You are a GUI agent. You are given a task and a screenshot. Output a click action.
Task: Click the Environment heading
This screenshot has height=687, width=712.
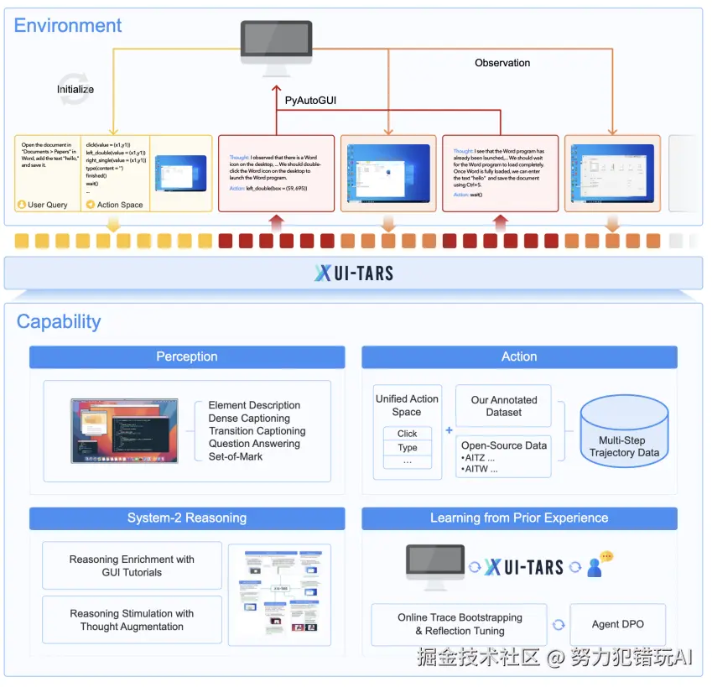pyautogui.click(x=68, y=25)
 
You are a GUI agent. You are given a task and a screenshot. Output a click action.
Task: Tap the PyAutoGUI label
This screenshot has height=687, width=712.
pyautogui.click(x=311, y=101)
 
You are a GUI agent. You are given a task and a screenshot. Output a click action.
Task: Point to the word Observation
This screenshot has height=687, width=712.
pyautogui.click(x=502, y=63)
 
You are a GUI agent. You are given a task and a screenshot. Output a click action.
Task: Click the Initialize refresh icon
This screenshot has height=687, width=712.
pyautogui.click(x=74, y=93)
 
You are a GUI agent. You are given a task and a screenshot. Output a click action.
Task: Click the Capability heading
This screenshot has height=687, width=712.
pyautogui.click(x=59, y=321)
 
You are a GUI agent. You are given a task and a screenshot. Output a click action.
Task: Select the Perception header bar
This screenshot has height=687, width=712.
pyautogui.click(x=187, y=357)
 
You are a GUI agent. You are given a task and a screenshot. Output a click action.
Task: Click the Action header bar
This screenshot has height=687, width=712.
pyautogui.click(x=519, y=357)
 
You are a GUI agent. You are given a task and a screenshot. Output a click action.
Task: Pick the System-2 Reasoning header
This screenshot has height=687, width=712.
pyautogui.click(x=187, y=518)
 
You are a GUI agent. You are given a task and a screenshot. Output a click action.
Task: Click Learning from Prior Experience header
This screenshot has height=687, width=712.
pyautogui.click(x=519, y=518)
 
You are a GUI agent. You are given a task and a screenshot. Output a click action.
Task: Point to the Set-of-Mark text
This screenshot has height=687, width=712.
pyautogui.click(x=236, y=457)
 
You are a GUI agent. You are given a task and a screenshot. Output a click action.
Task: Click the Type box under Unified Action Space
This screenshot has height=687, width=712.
pyautogui.click(x=408, y=448)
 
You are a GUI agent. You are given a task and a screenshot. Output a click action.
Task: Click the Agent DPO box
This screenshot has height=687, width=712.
pyautogui.click(x=617, y=624)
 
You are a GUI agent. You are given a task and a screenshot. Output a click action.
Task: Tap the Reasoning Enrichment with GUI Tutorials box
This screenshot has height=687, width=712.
pyautogui.click(x=132, y=566)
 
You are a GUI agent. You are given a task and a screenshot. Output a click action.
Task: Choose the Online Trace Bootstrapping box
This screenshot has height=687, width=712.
pyautogui.click(x=460, y=624)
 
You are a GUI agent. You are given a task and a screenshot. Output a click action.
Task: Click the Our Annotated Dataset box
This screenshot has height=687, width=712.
pyautogui.click(x=503, y=406)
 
